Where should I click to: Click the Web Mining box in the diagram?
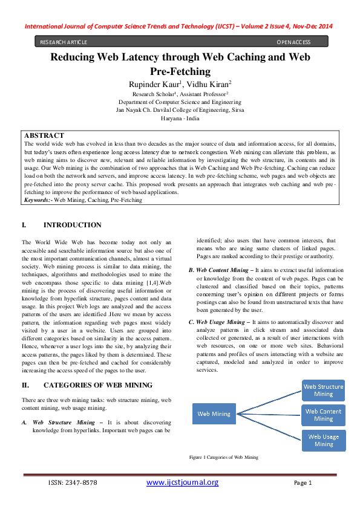[x=214, y=414]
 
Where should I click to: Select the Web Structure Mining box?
[x=323, y=390]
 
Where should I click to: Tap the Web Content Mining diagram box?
[x=323, y=415]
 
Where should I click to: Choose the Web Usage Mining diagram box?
[x=323, y=439]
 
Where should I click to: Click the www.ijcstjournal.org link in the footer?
[x=182, y=482]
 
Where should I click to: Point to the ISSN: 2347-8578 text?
[x=73, y=483]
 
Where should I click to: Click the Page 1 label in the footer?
[x=302, y=483]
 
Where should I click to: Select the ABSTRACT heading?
[x=44, y=136]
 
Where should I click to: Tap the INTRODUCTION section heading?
[x=73, y=225]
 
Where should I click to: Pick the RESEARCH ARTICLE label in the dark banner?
[x=64, y=42]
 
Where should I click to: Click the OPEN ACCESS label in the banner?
[x=293, y=42]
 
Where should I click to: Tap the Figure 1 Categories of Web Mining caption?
[x=223, y=458]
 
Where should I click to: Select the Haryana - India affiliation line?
[x=180, y=118]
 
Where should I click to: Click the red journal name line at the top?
[x=180, y=27]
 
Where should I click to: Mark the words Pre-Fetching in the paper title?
[x=180, y=71]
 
